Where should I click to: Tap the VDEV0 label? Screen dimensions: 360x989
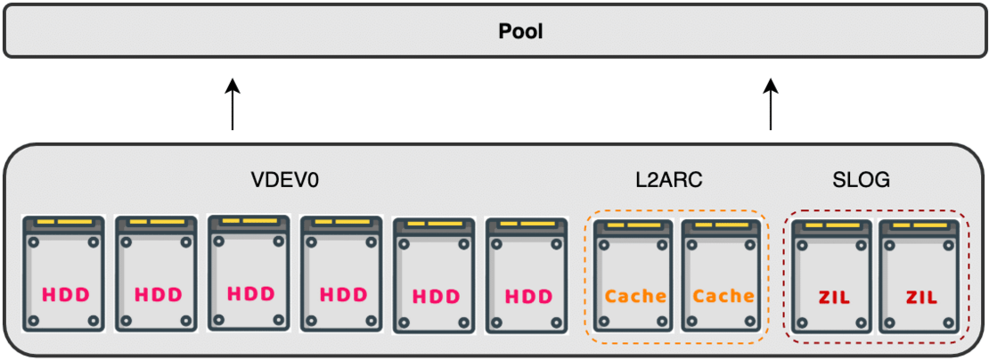tap(285, 180)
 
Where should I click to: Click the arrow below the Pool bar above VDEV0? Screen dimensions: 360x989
tap(233, 105)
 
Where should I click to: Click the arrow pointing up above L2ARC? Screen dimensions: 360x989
tap(771, 105)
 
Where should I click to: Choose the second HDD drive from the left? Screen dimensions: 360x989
tap(157, 274)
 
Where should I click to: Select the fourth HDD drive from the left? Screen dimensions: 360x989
tap(342, 274)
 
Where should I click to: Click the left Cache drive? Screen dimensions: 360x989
tap(634, 277)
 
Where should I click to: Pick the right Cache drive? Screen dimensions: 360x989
tap(722, 277)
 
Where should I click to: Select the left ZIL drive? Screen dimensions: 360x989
tap(830, 277)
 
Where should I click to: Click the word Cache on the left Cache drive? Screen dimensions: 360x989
tap(634, 297)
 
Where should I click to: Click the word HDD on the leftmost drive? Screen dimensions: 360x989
tap(64, 295)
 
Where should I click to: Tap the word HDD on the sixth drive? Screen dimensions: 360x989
tap(527, 297)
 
